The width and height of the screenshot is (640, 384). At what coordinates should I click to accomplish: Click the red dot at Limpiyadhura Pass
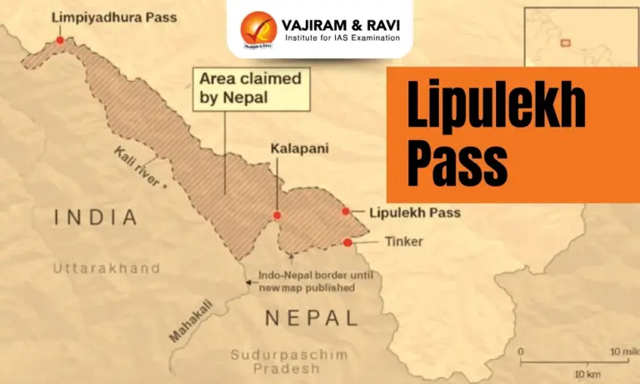(60, 39)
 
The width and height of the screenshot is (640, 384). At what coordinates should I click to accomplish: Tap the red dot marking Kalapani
(277, 215)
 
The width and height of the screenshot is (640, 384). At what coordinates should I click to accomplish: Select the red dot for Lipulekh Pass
(346, 212)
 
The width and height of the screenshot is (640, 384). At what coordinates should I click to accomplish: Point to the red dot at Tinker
(347, 242)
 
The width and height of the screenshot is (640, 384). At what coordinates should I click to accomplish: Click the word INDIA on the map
(95, 218)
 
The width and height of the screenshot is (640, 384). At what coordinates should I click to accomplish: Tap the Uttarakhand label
(107, 268)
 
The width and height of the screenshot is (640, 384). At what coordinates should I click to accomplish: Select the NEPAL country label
(311, 317)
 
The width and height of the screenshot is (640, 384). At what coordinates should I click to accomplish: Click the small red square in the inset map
(565, 42)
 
